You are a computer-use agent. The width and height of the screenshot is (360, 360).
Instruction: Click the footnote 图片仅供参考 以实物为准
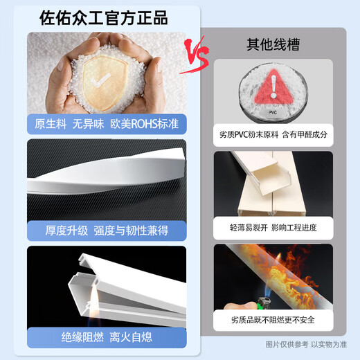tap(307, 344)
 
